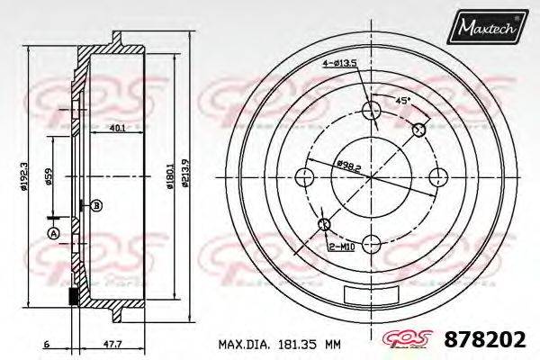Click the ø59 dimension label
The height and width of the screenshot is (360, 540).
49,176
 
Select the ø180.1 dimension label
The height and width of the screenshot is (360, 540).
168,176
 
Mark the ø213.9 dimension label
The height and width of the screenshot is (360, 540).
184,176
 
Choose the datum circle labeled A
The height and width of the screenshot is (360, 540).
52,234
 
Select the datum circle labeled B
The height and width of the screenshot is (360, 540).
97,205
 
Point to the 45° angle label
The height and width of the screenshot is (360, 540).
402,99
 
